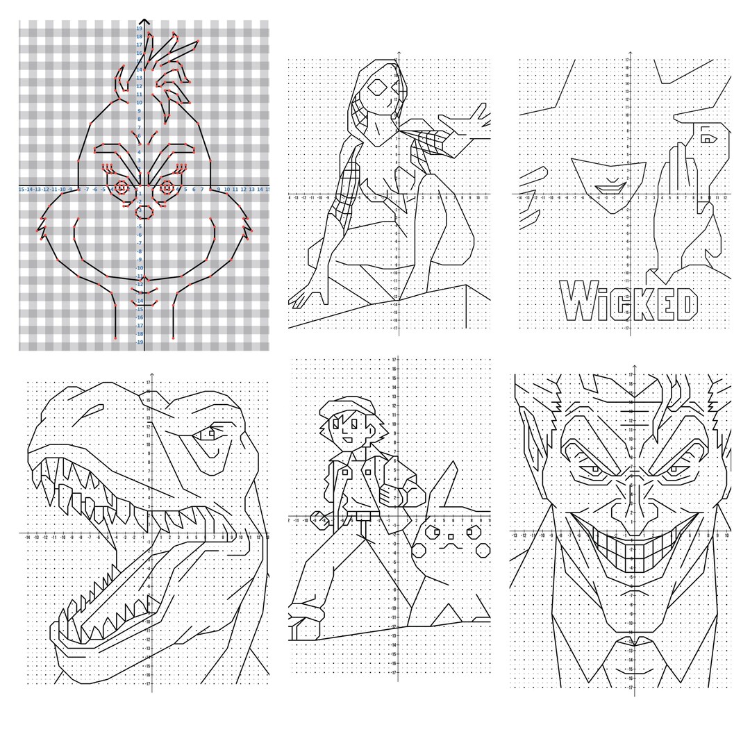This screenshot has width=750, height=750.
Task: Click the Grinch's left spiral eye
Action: point(122,187)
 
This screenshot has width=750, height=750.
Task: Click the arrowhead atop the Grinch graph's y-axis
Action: point(144,22)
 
